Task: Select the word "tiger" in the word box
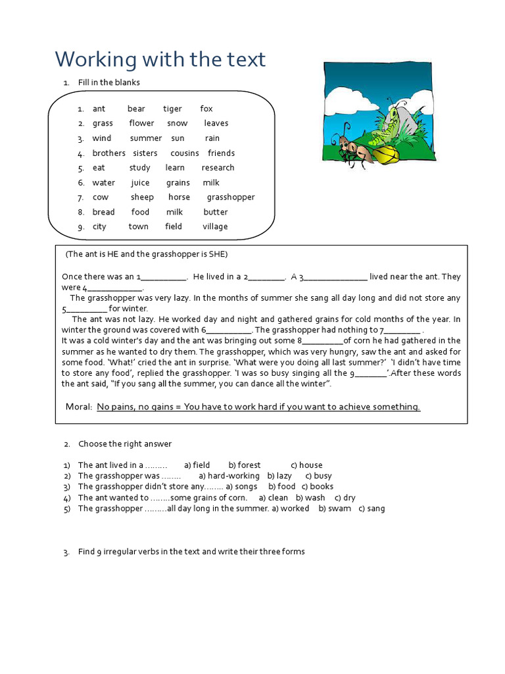click(172, 109)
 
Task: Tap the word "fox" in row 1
click(206, 109)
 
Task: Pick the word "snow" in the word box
click(177, 124)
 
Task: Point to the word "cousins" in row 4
click(184, 153)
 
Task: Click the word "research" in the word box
click(218, 168)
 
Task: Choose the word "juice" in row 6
click(140, 183)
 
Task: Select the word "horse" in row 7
click(179, 197)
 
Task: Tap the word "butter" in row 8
click(216, 213)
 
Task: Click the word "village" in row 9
click(215, 227)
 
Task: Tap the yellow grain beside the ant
click(385, 155)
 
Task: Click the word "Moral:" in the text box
click(79, 407)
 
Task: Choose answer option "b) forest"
click(245, 465)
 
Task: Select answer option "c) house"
click(306, 465)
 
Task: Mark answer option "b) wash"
click(310, 498)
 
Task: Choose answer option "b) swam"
click(335, 509)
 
